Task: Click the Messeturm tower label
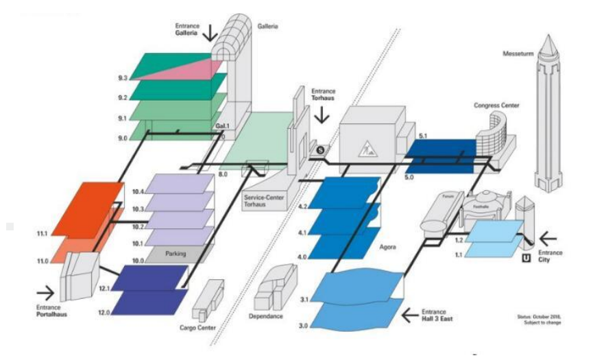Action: (518, 53)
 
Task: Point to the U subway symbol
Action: (526, 259)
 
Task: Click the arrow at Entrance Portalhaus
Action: (45, 293)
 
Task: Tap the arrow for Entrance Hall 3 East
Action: (410, 315)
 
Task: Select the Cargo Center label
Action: (197, 328)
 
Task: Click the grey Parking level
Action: (175, 254)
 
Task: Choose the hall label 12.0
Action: (104, 313)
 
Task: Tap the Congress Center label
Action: (496, 106)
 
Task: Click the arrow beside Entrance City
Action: (548, 239)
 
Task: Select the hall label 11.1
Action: (43, 235)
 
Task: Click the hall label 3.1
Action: (306, 300)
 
